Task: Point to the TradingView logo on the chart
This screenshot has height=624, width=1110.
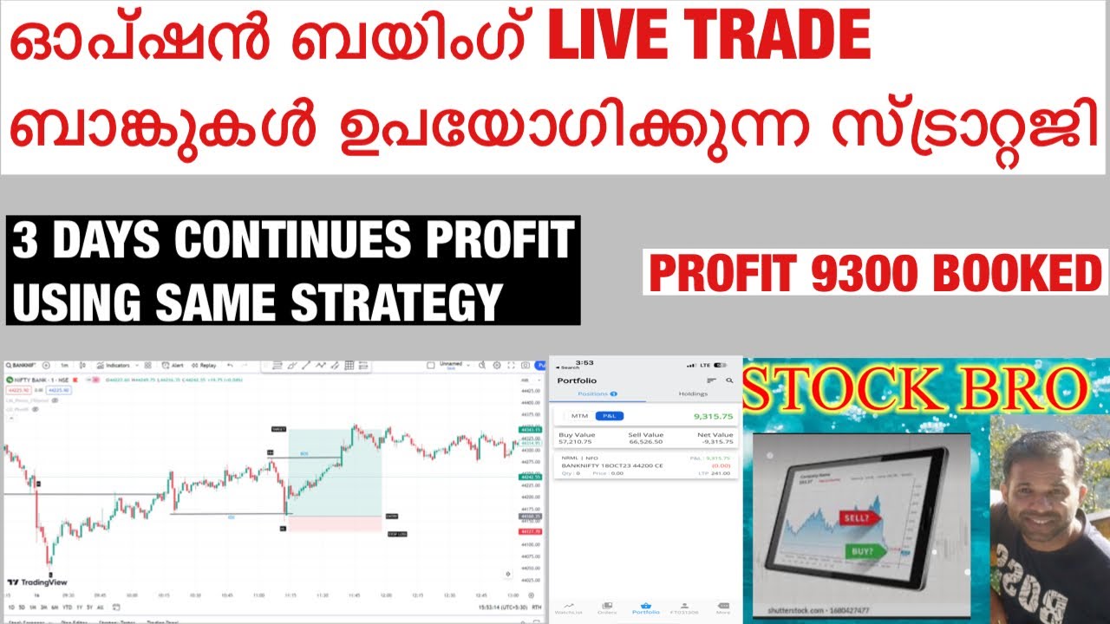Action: point(36,582)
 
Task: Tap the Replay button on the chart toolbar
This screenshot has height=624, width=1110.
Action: point(206,366)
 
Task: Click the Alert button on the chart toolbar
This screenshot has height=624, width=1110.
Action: point(174,366)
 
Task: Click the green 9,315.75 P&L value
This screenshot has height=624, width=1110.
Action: point(714,416)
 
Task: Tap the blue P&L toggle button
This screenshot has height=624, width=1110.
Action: point(609,416)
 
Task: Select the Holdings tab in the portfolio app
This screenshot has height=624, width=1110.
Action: point(692,394)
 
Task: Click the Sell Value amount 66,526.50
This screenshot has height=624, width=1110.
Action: point(645,441)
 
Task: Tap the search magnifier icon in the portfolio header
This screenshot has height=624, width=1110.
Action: point(729,380)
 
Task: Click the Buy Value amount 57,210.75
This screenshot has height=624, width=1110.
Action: point(577,441)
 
